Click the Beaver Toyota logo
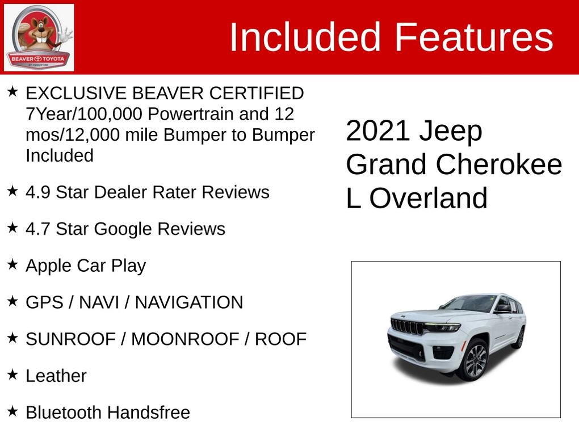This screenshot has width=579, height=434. coord(39,37)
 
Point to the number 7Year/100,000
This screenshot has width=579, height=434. coord(84,114)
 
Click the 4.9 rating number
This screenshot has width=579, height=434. coord(37,192)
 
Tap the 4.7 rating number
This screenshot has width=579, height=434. coord(37,229)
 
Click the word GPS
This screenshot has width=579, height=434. coord(44,302)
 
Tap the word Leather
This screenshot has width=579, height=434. coord(56,376)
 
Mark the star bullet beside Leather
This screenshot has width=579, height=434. coord(12,374)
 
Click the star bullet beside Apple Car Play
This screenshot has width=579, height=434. coord(12,264)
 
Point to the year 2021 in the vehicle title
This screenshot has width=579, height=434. coord(377,130)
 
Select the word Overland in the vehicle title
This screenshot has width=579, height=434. coord(429,198)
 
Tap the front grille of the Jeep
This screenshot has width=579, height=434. coord(407,326)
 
